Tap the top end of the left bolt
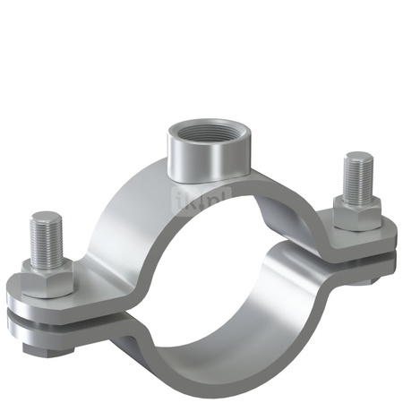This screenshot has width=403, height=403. (46, 219)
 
